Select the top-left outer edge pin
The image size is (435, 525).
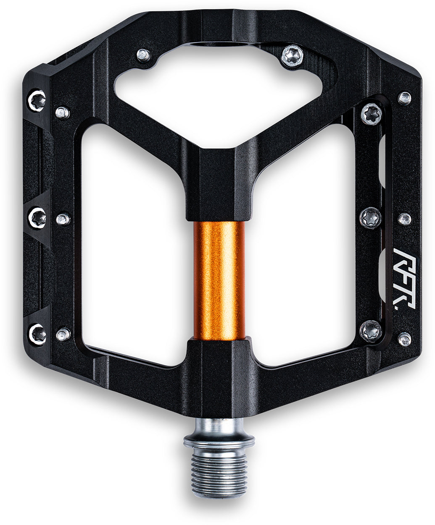tap(37, 100)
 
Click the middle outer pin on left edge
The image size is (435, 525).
tap(37, 217)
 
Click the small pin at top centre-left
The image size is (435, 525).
tap(143, 55)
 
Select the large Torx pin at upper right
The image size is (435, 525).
tap(372, 114)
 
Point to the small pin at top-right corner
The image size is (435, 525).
tap(404, 98)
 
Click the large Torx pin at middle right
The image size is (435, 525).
tap(371, 217)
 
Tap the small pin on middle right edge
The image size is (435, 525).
tap(404, 218)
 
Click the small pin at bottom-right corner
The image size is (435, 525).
tap(404, 339)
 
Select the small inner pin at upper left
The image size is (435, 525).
tap(63, 112)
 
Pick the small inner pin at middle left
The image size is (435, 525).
tap(63, 219)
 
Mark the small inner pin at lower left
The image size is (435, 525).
tap(63, 334)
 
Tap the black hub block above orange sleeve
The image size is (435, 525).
tap(219, 185)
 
